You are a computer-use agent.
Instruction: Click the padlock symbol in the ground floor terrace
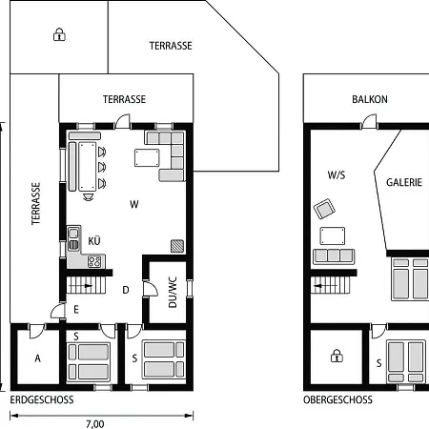[59, 34]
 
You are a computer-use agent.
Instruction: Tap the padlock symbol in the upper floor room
[337, 356]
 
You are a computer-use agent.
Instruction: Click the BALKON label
[370, 99]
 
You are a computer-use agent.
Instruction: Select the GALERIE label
[404, 182]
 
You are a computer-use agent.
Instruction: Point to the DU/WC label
[173, 293]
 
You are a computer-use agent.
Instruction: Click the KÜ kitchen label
[94, 240]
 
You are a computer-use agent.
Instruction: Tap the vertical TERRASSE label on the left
[35, 203]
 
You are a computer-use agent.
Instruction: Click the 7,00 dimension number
[95, 424]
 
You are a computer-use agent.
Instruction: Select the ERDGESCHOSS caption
[42, 399]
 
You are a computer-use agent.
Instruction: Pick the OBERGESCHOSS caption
[337, 399]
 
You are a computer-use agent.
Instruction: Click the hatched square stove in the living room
[177, 246]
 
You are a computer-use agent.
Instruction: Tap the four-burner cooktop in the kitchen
[94, 262]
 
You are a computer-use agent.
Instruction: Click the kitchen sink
[73, 239]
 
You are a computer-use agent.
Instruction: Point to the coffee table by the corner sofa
[147, 158]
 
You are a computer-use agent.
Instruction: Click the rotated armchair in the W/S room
[324, 209]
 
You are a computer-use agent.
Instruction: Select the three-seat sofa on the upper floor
[334, 256]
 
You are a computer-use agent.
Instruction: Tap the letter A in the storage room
[38, 358]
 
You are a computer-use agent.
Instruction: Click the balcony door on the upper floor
[369, 122]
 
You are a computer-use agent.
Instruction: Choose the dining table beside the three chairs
[88, 167]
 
